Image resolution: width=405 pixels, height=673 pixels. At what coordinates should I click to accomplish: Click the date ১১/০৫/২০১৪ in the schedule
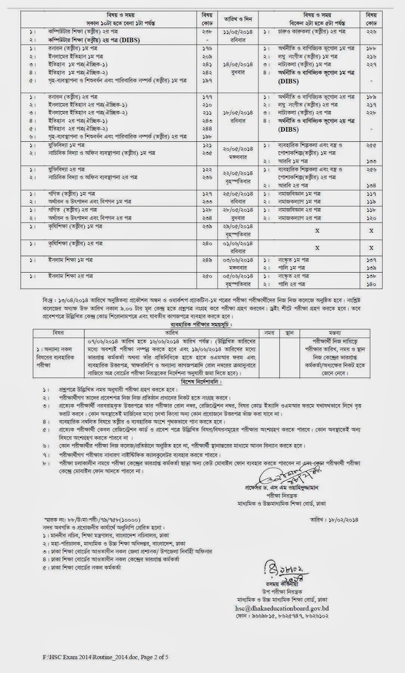(237, 32)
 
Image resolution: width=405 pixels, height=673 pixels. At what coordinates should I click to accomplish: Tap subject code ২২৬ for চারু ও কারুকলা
(371, 32)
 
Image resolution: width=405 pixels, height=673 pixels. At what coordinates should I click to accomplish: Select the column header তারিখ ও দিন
(237, 19)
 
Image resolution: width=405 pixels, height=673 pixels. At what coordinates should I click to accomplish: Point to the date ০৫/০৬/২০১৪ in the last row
(237, 276)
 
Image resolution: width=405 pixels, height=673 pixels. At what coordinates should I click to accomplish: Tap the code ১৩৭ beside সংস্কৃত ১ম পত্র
(371, 260)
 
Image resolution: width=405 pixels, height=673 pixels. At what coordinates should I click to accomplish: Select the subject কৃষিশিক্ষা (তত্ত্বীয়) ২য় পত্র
(75, 244)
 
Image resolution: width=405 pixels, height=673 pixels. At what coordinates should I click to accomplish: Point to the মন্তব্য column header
(335, 333)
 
